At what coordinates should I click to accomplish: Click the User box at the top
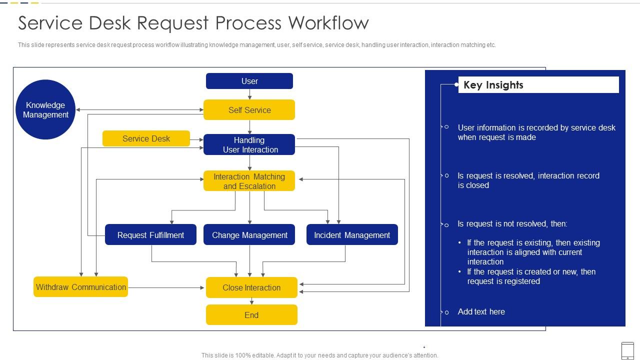tap(249, 81)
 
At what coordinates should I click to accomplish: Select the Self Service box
tap(249, 110)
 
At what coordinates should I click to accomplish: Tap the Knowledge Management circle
tap(45, 110)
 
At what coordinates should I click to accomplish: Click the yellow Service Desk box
tap(146, 138)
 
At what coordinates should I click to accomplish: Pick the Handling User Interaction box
tap(249, 144)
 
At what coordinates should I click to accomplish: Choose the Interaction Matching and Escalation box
tap(249, 181)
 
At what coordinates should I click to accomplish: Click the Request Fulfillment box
tap(150, 235)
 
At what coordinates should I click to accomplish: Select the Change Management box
tap(249, 235)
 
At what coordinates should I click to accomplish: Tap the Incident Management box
tap(352, 235)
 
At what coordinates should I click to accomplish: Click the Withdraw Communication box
tap(80, 287)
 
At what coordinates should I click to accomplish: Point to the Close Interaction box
tap(251, 287)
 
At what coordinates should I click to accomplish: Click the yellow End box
tap(251, 315)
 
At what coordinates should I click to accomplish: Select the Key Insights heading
tap(493, 85)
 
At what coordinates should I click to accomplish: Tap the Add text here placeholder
tap(481, 311)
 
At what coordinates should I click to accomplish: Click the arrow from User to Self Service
tap(249, 94)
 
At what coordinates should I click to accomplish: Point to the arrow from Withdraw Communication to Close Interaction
tap(166, 287)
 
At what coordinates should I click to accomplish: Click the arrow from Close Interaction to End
tap(251, 301)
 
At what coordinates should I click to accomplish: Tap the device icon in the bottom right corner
tap(627, 350)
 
